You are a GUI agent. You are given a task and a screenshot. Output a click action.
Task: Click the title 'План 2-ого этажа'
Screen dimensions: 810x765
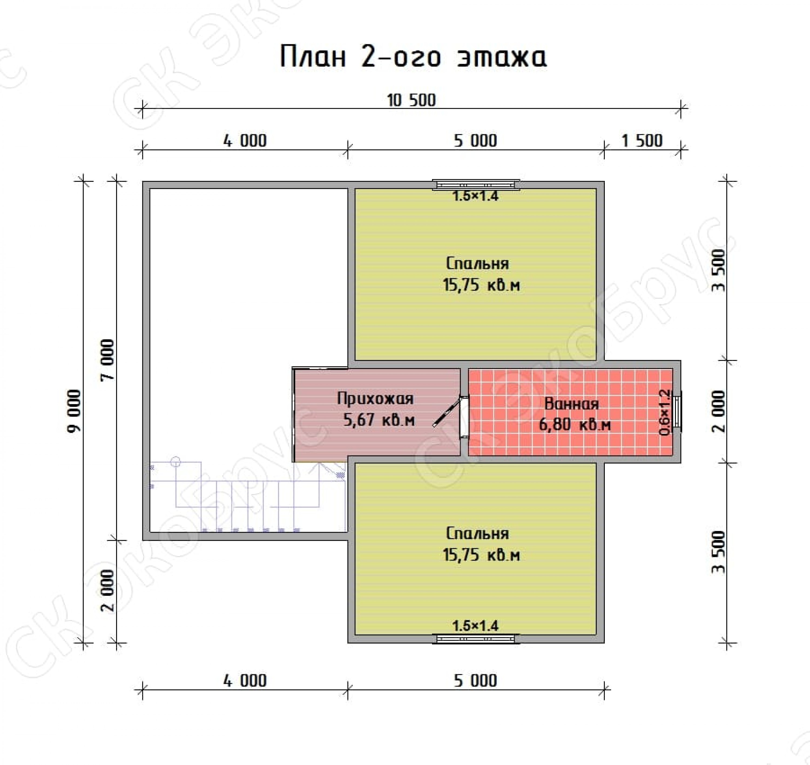tap(413, 57)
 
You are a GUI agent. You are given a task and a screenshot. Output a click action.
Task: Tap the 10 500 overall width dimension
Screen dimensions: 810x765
tap(411, 100)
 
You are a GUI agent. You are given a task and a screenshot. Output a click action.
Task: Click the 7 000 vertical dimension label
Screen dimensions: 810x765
tap(108, 360)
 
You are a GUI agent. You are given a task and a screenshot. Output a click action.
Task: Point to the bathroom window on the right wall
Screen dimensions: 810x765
tap(677, 412)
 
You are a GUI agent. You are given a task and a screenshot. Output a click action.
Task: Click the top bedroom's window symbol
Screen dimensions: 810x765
tap(476, 185)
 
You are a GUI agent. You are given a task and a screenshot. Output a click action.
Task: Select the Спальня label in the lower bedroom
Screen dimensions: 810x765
tap(477, 533)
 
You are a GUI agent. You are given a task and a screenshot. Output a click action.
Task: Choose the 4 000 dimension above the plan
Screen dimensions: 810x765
tap(245, 141)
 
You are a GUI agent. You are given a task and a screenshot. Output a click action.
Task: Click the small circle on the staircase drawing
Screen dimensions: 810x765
tap(175, 462)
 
